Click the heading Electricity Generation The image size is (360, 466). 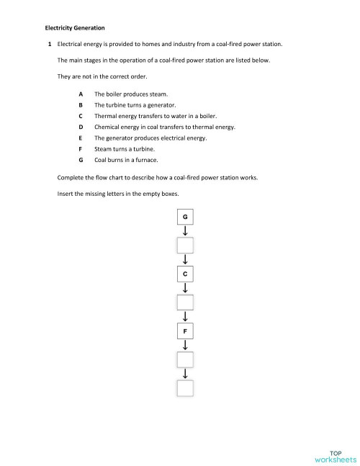click(75, 28)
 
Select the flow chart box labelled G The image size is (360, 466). click(185, 217)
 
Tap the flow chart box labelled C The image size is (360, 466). click(185, 274)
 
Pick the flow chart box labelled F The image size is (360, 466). click(185, 331)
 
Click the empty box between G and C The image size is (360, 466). click(185, 246)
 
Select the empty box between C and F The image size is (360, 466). click(185, 303)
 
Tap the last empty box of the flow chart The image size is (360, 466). click(185, 388)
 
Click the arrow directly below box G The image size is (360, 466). click(185, 231)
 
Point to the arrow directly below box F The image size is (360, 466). click(185, 345)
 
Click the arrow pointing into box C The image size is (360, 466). click(185, 260)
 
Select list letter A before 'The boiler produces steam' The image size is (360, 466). click(81, 94)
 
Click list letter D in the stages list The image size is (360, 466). click(81, 127)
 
